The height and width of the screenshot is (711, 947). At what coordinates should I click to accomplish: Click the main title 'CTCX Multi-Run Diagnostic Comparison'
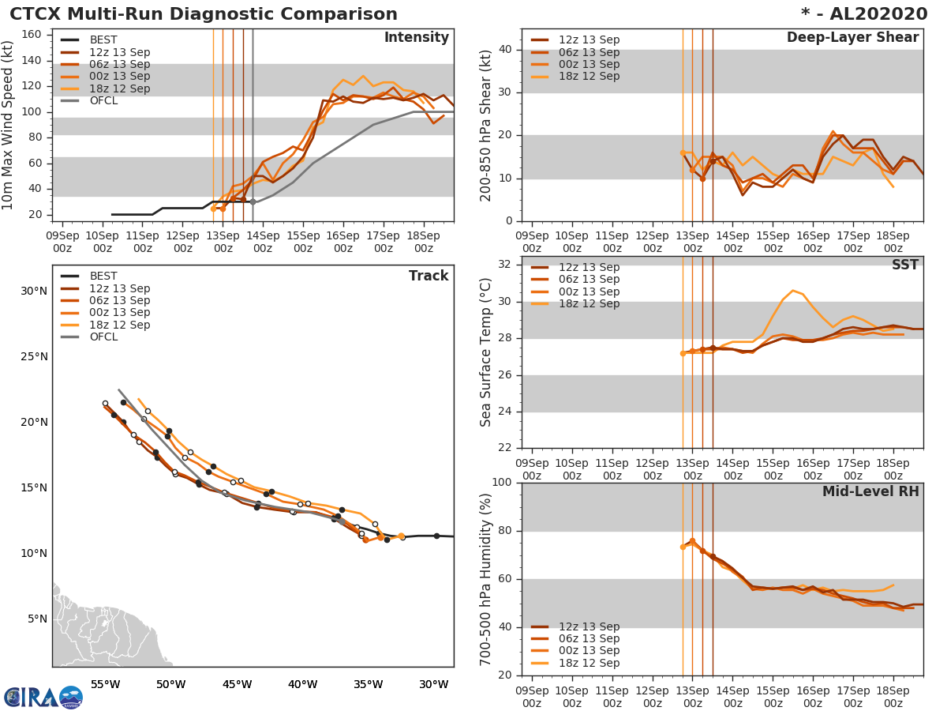[x=204, y=14]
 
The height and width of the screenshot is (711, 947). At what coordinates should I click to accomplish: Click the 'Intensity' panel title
[x=416, y=38]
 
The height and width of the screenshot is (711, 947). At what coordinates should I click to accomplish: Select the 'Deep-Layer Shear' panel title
[x=852, y=38]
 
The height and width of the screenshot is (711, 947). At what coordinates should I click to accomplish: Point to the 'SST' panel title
[x=905, y=265]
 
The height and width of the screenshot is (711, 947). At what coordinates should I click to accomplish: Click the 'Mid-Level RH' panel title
[x=870, y=492]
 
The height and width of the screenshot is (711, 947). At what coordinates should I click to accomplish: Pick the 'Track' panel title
[x=429, y=276]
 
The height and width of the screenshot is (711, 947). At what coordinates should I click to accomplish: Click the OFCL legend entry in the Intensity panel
[x=103, y=100]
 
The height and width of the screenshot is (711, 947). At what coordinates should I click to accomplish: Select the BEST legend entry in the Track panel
[x=103, y=276]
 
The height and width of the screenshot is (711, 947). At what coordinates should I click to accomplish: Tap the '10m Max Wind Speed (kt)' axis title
[x=9, y=126]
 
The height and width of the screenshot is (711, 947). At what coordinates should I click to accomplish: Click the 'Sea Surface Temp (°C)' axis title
[x=486, y=352]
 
